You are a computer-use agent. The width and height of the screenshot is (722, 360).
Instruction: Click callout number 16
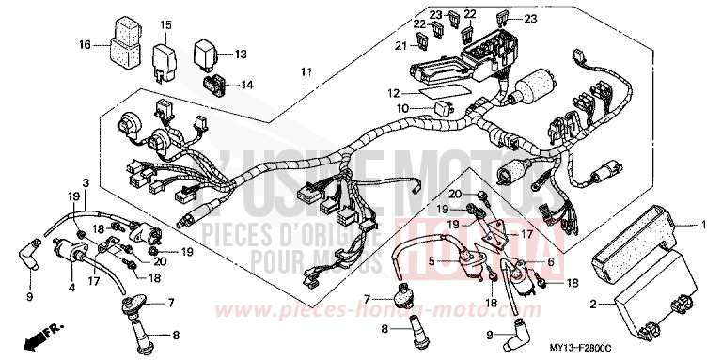click(x=86, y=44)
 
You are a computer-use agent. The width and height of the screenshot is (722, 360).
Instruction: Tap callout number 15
click(x=165, y=24)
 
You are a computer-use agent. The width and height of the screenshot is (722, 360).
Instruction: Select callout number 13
click(x=240, y=54)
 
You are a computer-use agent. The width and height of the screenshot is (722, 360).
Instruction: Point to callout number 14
click(x=247, y=85)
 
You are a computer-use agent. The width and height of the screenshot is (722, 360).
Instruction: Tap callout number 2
click(x=592, y=304)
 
